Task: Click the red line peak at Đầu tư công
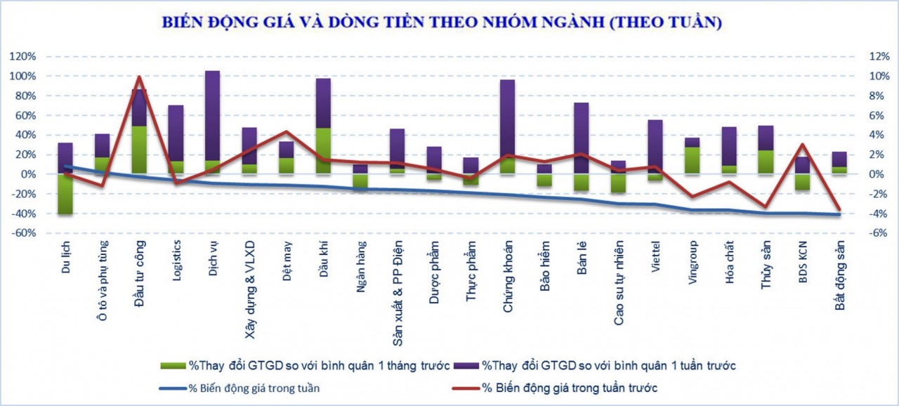(139, 77)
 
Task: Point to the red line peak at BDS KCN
(803, 145)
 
